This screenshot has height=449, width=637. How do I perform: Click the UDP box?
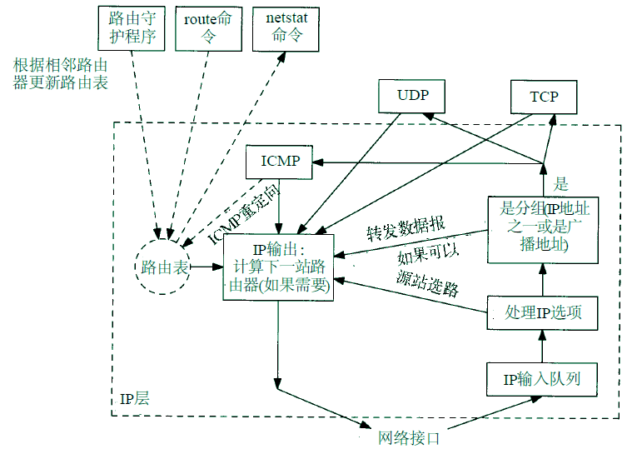click(412, 96)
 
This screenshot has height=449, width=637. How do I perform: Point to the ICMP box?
click(280, 162)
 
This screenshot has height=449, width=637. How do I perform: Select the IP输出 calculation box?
click(279, 267)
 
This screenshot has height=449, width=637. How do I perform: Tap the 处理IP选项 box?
click(542, 312)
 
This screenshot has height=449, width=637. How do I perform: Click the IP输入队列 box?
click(542, 379)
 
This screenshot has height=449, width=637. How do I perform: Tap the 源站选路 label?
click(428, 286)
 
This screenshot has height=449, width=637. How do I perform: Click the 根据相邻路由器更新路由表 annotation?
click(60, 73)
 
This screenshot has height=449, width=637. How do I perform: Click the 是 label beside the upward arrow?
click(560, 184)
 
